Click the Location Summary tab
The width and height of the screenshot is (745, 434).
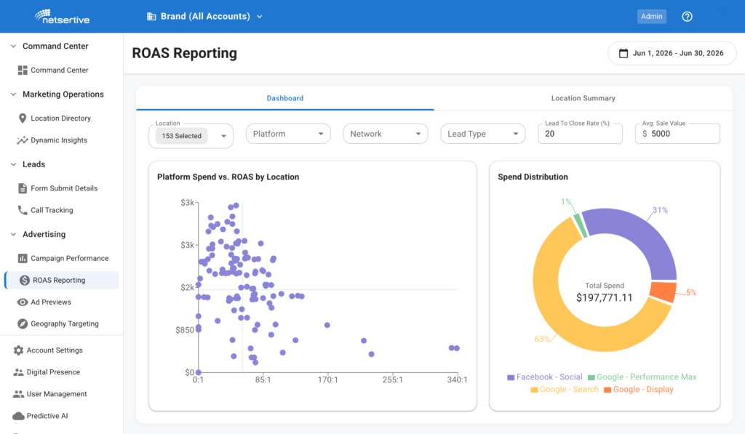(583, 98)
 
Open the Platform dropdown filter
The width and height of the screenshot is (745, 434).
(288, 134)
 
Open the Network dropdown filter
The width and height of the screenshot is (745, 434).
(386, 134)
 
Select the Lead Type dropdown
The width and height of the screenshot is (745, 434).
(483, 134)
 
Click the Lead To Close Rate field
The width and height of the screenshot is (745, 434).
(580, 134)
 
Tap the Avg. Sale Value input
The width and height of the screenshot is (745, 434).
(677, 134)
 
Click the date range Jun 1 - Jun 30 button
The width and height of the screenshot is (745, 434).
(672, 53)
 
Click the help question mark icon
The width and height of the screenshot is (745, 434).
(687, 17)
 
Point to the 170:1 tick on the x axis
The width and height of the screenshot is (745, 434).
(328, 380)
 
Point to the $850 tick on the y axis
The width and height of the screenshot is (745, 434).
(184, 330)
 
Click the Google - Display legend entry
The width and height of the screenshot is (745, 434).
(639, 390)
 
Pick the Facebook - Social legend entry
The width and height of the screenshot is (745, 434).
(544, 377)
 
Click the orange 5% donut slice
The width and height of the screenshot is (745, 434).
(664, 292)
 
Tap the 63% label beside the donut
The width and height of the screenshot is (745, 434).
(542, 339)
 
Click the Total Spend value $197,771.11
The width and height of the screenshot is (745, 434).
(605, 298)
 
